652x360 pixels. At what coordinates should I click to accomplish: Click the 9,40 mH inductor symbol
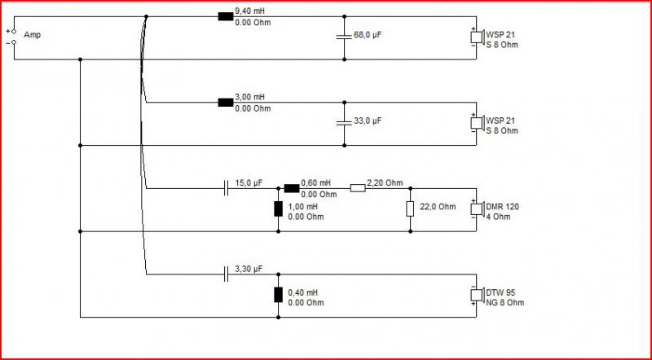coord(226,16)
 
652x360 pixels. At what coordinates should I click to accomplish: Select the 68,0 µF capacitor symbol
coord(344,36)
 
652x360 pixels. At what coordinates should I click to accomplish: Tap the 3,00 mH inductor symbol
coord(226,102)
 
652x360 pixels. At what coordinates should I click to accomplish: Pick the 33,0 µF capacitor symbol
coord(344,122)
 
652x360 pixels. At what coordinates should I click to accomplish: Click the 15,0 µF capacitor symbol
coord(226,188)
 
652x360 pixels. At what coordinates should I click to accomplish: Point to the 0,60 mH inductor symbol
coord(291,188)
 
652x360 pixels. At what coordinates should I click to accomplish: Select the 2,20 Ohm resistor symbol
coord(357,188)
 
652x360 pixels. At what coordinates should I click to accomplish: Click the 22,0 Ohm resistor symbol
coord(409,209)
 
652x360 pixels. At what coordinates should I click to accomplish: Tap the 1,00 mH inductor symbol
coord(279,209)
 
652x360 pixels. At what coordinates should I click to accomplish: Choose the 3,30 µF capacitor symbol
coord(226,274)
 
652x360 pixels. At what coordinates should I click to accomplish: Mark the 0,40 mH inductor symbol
coord(279,295)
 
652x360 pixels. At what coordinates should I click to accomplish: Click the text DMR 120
coord(503,207)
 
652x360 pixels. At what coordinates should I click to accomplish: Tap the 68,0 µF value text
coord(368,35)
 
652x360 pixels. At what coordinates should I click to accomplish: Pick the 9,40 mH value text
coord(250,11)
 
